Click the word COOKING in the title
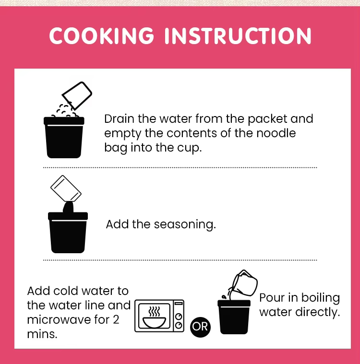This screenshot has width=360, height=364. pos(102,35)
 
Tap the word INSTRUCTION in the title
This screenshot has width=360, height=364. pos(238,35)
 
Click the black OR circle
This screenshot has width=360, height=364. pos(200,327)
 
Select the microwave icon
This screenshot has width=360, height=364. pos(159,316)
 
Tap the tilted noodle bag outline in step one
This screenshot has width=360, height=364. pos(77,95)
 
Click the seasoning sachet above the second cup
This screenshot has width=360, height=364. pos(66,188)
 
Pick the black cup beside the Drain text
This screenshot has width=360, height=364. pos(64,138)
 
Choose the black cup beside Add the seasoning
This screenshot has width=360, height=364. pos(68,233)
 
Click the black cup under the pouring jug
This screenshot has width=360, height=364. pos(234,317)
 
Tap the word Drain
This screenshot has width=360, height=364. pos(119,119)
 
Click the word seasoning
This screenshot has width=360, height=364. pos(185,225)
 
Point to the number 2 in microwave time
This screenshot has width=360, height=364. pos(116,320)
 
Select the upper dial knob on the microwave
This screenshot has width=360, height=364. pos(179,317)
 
